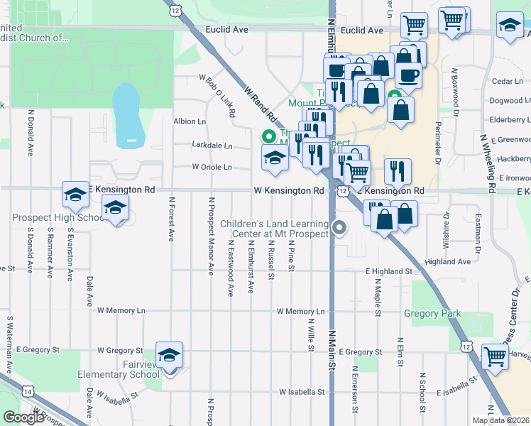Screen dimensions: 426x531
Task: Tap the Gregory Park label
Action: [x=432, y=313]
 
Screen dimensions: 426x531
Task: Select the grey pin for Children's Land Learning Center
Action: [x=340, y=228]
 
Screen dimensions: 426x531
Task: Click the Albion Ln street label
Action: [x=190, y=121]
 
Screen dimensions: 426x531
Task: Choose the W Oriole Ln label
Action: [x=212, y=168]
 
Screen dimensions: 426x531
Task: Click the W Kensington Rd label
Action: [x=289, y=191]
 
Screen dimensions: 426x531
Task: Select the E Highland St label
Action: [x=388, y=271]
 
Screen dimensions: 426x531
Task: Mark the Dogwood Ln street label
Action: [x=506, y=101]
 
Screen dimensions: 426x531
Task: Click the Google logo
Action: [x=23, y=417]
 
